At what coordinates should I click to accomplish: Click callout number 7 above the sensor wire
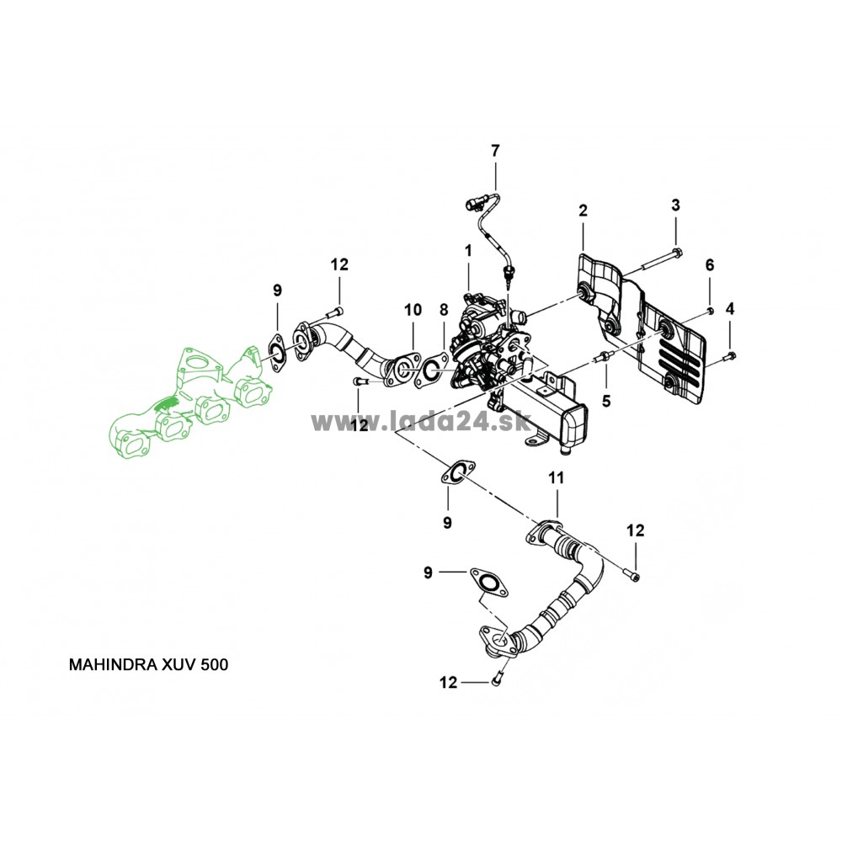495,151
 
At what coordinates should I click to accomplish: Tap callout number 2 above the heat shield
582,210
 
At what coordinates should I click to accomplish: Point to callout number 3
675,205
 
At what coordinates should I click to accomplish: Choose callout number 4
730,308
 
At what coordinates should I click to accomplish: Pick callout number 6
709,264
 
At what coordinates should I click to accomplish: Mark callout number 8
444,310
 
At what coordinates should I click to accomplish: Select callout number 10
412,310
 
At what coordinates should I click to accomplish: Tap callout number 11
555,478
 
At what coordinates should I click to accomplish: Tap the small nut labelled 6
710,311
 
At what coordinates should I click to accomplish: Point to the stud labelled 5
604,360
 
